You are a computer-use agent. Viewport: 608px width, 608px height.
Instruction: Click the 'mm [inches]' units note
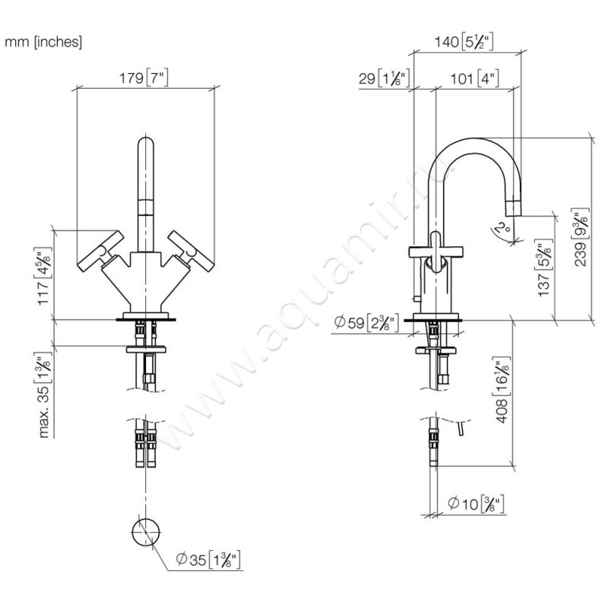[x=43, y=43]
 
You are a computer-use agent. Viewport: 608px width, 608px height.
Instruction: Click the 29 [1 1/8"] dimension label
[x=384, y=78]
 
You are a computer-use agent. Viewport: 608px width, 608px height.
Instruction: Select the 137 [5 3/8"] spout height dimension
[x=543, y=269]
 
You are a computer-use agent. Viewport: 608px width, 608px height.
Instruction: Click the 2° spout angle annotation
[x=499, y=228]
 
